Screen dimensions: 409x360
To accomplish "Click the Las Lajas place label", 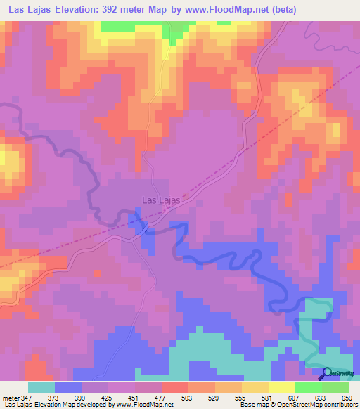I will (x=161, y=200).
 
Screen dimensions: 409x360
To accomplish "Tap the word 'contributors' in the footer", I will (x=338, y=405).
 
